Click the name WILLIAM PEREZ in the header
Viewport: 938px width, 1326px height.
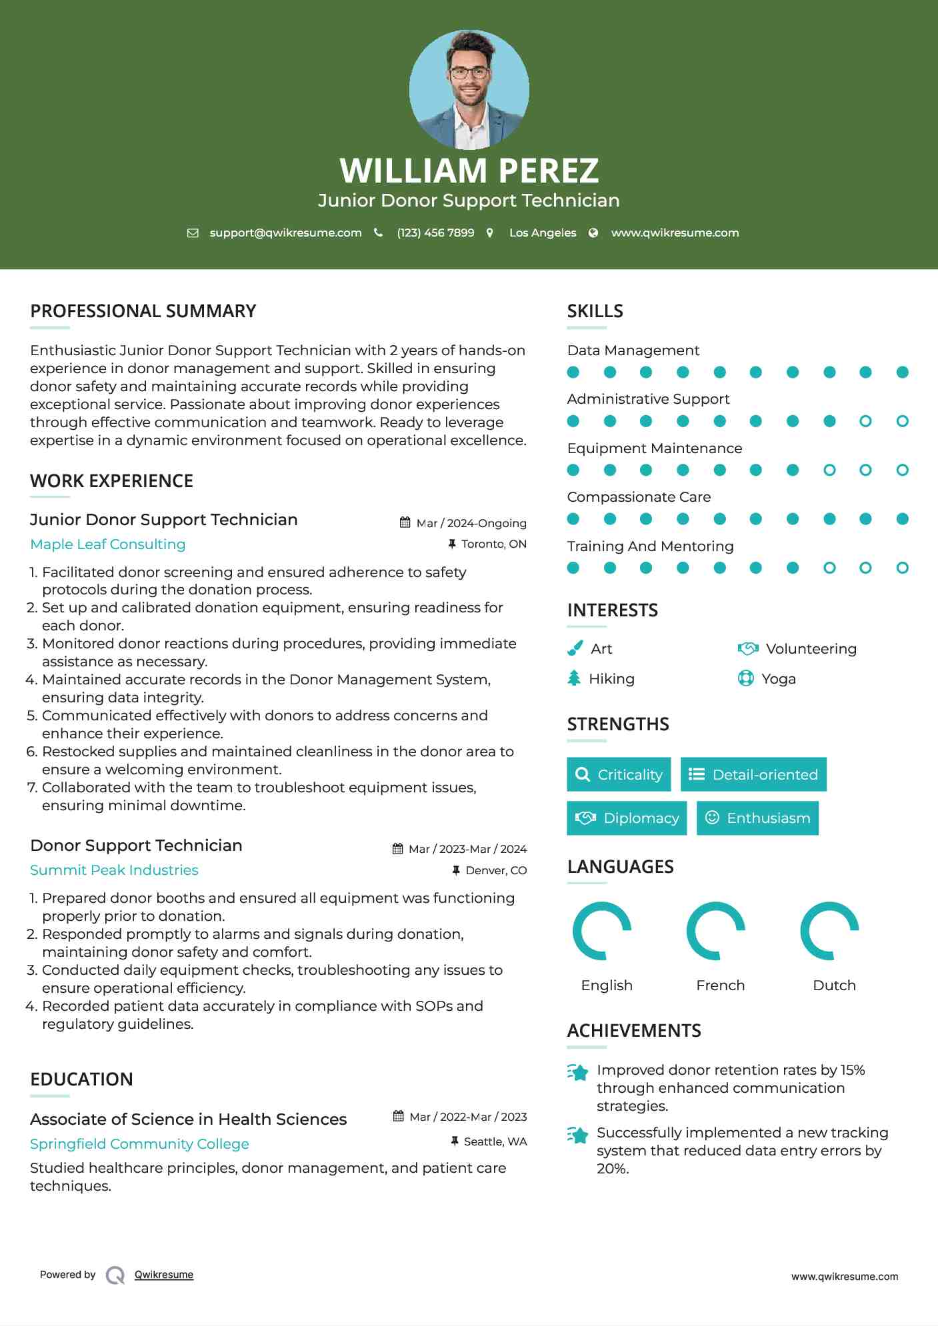click(x=469, y=171)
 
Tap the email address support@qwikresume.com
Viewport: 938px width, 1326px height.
click(x=285, y=233)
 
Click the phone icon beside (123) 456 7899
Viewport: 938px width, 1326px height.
click(x=379, y=233)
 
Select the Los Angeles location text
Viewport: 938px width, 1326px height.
click(x=542, y=233)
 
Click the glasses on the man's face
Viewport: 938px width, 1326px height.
click(x=469, y=73)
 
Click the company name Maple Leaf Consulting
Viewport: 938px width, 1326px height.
click(x=108, y=544)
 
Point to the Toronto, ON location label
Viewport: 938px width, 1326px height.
click(x=493, y=544)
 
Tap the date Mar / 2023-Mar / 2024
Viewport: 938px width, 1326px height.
click(x=467, y=849)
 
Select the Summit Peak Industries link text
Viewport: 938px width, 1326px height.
click(x=114, y=870)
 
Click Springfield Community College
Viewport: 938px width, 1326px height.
click(x=139, y=1144)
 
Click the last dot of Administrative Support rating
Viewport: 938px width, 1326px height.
click(x=902, y=421)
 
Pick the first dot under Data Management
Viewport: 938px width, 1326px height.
click(x=573, y=372)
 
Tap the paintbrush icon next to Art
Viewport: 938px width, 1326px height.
click(x=575, y=648)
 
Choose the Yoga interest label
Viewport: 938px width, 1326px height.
click(x=778, y=679)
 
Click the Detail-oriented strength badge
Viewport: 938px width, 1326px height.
click(x=753, y=774)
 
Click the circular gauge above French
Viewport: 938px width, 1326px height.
click(x=716, y=931)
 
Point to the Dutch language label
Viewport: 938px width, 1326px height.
click(x=834, y=986)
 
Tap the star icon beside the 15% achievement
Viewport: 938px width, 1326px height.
click(x=578, y=1072)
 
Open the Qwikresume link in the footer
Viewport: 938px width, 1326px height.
click(x=164, y=1275)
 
